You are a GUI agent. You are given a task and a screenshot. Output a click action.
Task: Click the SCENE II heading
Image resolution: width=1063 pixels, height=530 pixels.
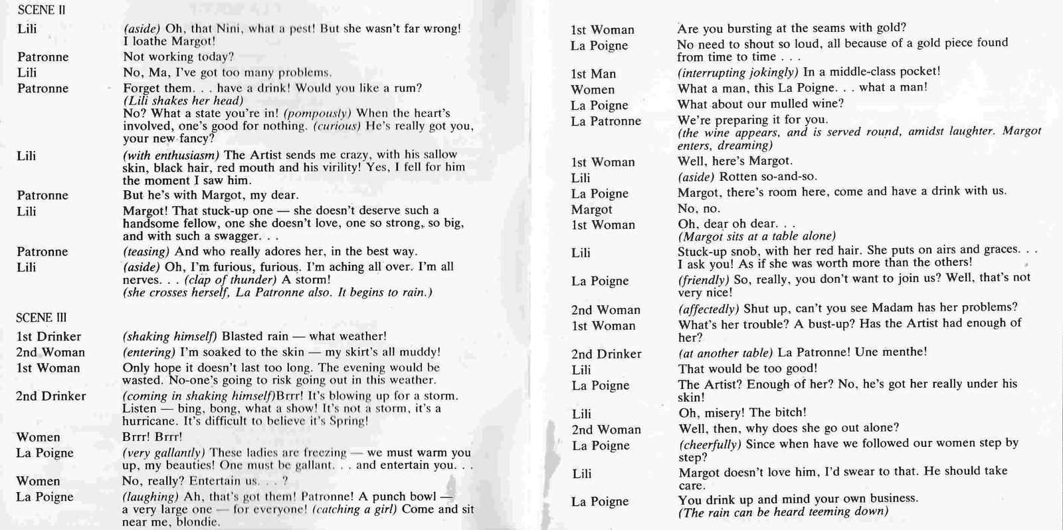(x=41, y=11)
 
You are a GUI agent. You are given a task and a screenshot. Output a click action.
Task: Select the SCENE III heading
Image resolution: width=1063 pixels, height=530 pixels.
(x=41, y=317)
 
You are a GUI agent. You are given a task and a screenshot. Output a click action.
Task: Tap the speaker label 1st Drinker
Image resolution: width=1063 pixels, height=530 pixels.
(x=48, y=336)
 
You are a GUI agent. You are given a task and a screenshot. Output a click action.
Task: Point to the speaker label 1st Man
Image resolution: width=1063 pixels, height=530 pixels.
(x=593, y=74)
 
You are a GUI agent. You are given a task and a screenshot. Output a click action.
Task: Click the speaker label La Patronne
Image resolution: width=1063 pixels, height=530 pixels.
(x=606, y=121)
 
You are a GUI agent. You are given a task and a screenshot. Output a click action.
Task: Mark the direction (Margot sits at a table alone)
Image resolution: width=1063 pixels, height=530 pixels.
(x=756, y=236)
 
